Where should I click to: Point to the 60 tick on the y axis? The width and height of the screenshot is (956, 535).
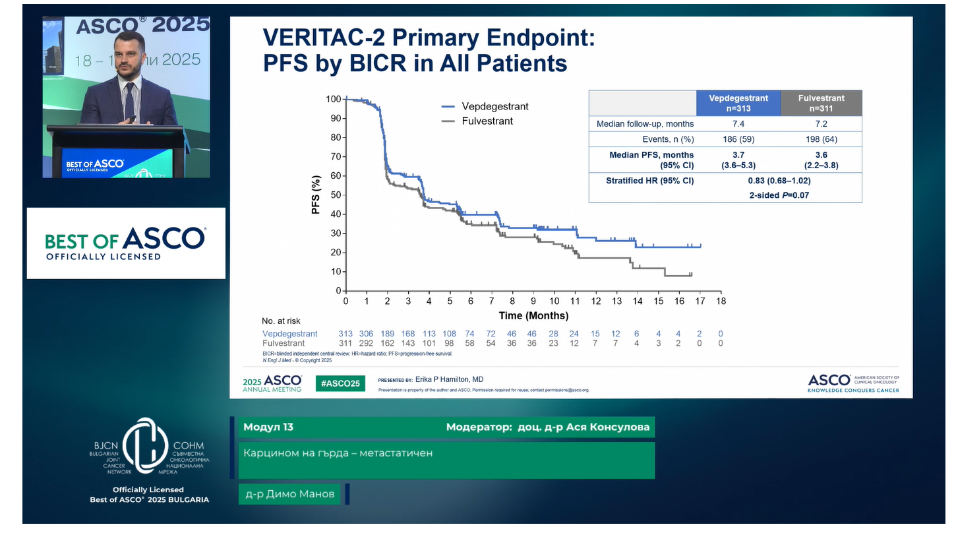click(x=335, y=175)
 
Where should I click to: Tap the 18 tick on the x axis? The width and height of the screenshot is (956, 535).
click(x=721, y=301)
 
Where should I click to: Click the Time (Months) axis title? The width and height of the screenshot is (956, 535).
click(x=533, y=315)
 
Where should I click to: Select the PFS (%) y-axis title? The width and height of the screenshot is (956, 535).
click(x=316, y=195)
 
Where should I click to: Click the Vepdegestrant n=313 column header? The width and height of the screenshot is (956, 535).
click(x=738, y=103)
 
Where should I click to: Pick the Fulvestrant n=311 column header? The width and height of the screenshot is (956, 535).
click(x=821, y=103)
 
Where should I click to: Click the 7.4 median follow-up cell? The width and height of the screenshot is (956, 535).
click(x=738, y=124)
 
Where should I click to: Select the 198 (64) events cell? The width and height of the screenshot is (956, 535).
click(x=821, y=139)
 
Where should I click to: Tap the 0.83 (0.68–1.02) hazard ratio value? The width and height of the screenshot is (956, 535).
click(x=779, y=180)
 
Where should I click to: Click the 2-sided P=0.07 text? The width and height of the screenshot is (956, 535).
click(x=779, y=195)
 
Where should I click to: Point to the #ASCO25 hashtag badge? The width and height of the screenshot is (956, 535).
click(x=340, y=383)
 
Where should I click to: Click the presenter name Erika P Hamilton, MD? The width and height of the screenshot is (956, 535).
click(x=450, y=379)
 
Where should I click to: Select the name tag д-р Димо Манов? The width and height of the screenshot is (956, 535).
click(x=289, y=494)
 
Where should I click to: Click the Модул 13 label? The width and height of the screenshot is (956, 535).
click(x=268, y=427)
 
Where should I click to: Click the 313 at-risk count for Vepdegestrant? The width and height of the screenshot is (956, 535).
click(x=345, y=334)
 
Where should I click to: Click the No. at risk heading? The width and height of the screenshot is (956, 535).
click(x=281, y=321)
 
